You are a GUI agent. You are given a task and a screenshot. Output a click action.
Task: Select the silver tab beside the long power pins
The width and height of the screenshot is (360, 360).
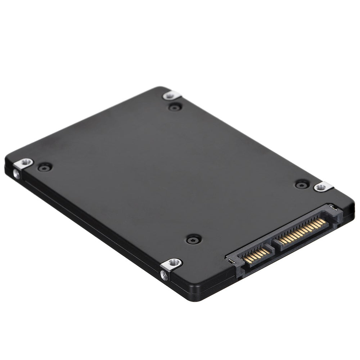pos(323,186)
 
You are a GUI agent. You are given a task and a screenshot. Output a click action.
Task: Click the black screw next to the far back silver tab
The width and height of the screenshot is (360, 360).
pos(175,107)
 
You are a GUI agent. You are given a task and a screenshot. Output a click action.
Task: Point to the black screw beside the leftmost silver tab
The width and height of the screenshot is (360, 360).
pos(45,167)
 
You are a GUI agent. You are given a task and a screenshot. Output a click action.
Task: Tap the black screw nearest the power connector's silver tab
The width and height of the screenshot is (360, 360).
pos(302,184)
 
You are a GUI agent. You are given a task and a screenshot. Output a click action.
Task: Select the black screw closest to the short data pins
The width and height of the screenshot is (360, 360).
pos(194,239)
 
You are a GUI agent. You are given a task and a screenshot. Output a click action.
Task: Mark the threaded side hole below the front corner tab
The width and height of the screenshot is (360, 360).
pos(164,276)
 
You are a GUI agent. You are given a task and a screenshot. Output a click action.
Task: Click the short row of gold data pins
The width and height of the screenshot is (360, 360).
pos(256,254)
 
